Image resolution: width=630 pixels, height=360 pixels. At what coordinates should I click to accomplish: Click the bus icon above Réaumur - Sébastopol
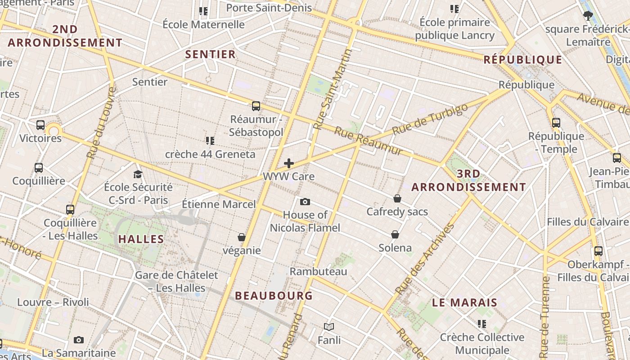coord(256,106)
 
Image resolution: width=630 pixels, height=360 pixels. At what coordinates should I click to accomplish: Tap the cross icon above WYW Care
coord(289,163)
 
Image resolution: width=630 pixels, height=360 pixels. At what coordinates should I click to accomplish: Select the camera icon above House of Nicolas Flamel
coord(305,202)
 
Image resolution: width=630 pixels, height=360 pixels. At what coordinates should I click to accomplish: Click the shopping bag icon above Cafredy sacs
coord(397,198)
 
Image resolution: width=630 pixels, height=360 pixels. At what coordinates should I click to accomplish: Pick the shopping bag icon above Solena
coord(395,234)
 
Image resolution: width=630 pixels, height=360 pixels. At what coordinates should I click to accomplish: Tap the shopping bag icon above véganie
coord(242,237)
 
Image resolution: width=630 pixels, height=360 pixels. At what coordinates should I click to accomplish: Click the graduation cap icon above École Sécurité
coord(138,174)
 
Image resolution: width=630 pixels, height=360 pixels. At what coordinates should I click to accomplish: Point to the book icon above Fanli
coord(329,327)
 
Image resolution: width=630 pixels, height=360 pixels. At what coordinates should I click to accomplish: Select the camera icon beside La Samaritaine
coord(79,340)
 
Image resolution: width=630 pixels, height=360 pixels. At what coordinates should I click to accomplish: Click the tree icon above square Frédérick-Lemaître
coord(587,16)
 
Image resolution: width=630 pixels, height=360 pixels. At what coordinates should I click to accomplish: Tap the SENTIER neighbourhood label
coord(211,54)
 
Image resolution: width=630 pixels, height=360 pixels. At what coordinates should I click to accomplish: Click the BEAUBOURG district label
coord(274,296)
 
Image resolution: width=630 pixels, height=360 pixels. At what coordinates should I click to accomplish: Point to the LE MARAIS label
coord(464,302)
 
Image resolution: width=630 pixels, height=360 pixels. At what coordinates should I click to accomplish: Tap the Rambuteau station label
coord(318,271)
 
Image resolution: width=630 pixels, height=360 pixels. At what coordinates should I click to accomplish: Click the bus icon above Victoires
coord(40,125)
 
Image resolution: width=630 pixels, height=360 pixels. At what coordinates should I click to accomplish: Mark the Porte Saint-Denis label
coord(269,8)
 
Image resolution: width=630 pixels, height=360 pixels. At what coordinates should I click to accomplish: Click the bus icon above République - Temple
coord(556,122)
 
